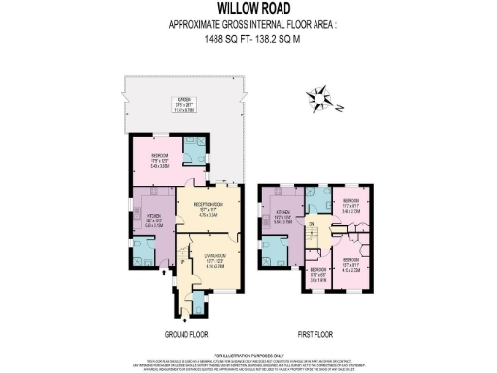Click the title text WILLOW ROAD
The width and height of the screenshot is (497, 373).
pos(248,9)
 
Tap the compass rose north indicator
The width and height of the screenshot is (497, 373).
pos(323,97)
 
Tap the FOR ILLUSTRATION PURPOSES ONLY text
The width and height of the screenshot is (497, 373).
pos(248,356)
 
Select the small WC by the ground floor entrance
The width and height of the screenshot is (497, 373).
pos(198,306)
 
